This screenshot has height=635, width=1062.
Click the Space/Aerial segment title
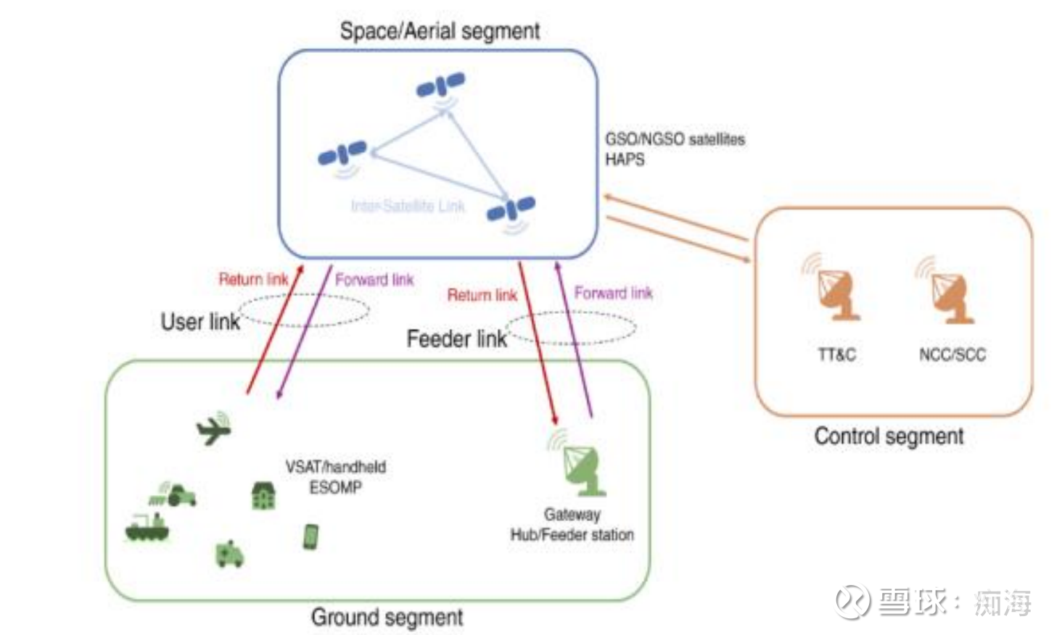[440, 31]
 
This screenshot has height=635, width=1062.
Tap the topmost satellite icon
[440, 86]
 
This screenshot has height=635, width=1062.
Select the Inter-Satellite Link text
[408, 207]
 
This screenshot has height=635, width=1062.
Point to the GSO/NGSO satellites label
[675, 139]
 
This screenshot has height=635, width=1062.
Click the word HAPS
[625, 159]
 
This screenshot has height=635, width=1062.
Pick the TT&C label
[836, 354]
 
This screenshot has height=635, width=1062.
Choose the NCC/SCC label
[952, 354]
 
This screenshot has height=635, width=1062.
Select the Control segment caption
[889, 436]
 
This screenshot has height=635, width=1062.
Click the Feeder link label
[456, 339]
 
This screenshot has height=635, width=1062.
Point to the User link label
[199, 322]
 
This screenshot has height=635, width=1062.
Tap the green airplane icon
[214, 428]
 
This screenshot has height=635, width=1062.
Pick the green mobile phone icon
[310, 537]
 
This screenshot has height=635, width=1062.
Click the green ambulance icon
[230, 554]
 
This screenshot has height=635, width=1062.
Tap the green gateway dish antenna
[582, 469]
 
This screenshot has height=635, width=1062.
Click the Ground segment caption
[387, 618]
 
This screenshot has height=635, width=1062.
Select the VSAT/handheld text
[335, 467]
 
